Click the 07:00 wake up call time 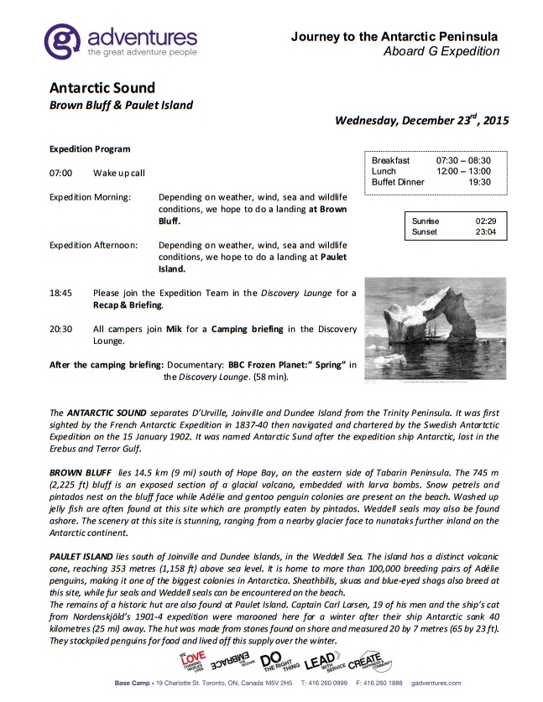(x=61, y=173)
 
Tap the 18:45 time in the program (x=61, y=294)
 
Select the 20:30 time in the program (x=61, y=330)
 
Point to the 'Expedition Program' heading (x=90, y=149)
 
